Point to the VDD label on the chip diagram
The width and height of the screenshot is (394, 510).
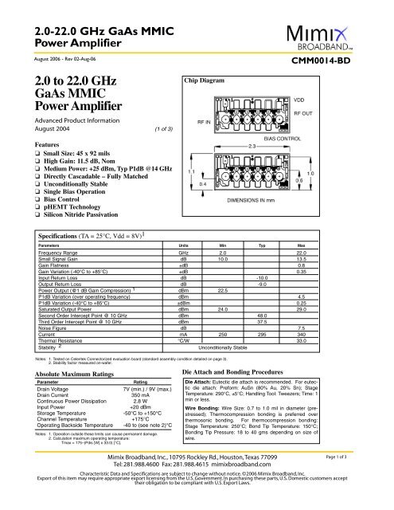coord(322,99)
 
